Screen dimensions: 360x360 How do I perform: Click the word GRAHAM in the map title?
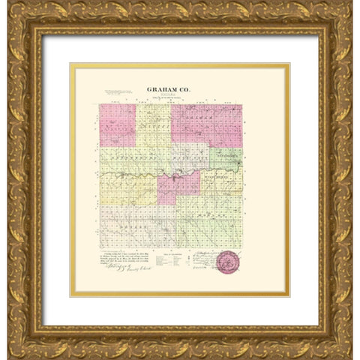[x=169, y=87]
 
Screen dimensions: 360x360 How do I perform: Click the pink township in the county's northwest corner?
[x=116, y=124]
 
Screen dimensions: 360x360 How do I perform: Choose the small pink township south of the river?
[x=178, y=188]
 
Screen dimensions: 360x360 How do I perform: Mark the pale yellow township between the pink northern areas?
[x=153, y=124]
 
